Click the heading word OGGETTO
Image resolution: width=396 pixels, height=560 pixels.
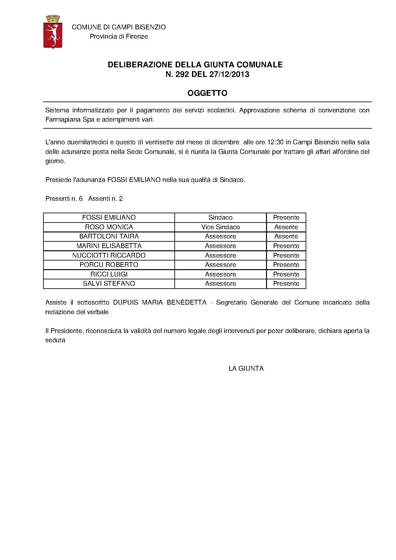pyautogui.click(x=207, y=93)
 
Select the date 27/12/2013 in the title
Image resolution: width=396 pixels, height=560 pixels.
pyautogui.click(x=229, y=74)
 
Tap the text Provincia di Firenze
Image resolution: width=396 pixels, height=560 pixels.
pyautogui.click(x=119, y=36)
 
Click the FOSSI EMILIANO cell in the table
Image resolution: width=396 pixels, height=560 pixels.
pyautogui.click(x=109, y=217)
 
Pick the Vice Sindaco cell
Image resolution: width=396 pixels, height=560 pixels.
pyautogui.click(x=220, y=227)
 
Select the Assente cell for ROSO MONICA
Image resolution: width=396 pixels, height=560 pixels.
pyautogui.click(x=286, y=227)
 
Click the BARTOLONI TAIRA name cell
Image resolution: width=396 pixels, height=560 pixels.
pyautogui.click(x=109, y=236)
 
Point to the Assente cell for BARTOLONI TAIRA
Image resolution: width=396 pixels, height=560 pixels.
pyautogui.click(x=286, y=236)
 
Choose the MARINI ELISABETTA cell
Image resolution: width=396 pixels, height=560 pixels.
pyautogui.click(x=109, y=246)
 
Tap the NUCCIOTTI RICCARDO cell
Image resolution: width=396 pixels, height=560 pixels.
pyautogui.click(x=109, y=255)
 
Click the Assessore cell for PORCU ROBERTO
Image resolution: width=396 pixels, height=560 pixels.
pyautogui.click(x=220, y=265)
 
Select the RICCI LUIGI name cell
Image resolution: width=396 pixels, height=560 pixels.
pyautogui.click(x=109, y=274)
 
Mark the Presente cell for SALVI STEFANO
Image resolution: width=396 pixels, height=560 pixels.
pyautogui.click(x=286, y=284)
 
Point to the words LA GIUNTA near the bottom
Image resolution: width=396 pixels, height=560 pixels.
pyautogui.click(x=246, y=368)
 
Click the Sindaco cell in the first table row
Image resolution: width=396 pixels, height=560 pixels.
pyautogui.click(x=220, y=217)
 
